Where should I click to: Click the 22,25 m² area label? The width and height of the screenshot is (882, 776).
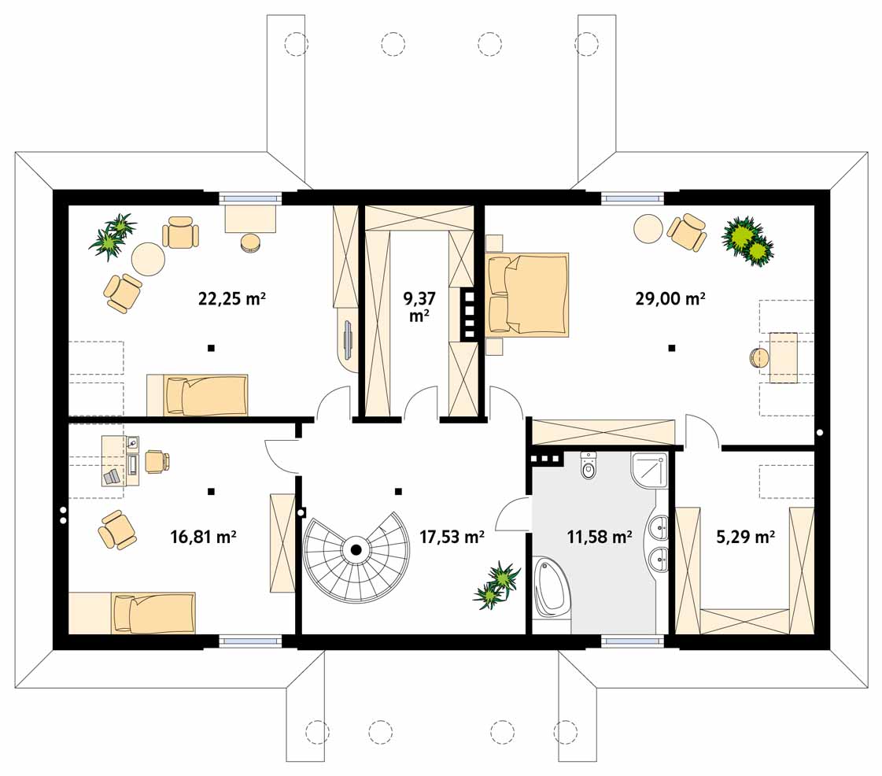[232, 298]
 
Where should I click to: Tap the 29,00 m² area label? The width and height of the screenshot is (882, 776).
[670, 298]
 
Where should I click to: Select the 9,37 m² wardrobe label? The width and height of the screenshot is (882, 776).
[419, 307]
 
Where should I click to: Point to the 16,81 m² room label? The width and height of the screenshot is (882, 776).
[203, 537]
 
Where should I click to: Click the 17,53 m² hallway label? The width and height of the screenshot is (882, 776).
[452, 537]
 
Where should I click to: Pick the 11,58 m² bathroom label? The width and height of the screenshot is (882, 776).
[599, 537]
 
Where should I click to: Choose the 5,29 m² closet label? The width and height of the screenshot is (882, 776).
[745, 537]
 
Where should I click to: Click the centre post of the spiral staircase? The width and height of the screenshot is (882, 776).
[356, 550]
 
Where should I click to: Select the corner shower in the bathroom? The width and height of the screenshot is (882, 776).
[649, 470]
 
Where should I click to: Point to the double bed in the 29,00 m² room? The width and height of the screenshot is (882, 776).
[528, 295]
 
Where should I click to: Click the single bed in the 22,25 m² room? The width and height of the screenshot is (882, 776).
[197, 395]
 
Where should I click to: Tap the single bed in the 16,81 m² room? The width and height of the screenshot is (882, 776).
[132, 613]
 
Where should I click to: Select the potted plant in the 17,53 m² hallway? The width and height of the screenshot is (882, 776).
[496, 586]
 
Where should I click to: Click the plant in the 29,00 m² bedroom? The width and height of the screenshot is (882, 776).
[747, 241]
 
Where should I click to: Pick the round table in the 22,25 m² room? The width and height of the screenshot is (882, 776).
[149, 259]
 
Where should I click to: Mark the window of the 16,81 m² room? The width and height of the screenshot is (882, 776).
[249, 641]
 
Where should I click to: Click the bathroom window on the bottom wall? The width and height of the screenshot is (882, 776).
[633, 641]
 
